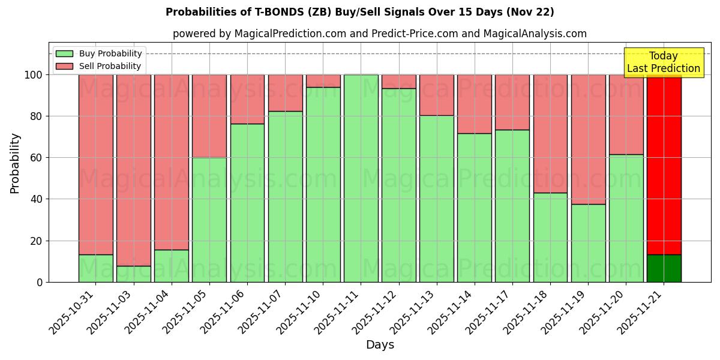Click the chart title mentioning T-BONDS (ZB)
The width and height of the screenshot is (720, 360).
click(x=359, y=12)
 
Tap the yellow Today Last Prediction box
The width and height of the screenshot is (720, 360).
click(x=663, y=62)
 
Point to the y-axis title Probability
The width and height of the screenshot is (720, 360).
click(x=15, y=163)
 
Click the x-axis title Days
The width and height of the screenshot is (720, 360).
click(x=380, y=345)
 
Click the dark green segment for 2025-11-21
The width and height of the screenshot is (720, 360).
click(x=664, y=268)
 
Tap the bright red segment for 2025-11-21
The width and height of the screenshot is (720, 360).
click(x=664, y=162)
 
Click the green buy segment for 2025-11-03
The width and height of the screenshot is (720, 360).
click(x=133, y=274)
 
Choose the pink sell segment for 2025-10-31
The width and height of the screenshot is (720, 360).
click(x=95, y=162)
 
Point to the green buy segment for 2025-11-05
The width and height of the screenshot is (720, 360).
click(x=209, y=220)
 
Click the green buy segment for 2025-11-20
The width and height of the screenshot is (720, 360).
click(x=626, y=218)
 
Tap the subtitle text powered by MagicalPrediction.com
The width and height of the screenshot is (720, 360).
click(x=380, y=34)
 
